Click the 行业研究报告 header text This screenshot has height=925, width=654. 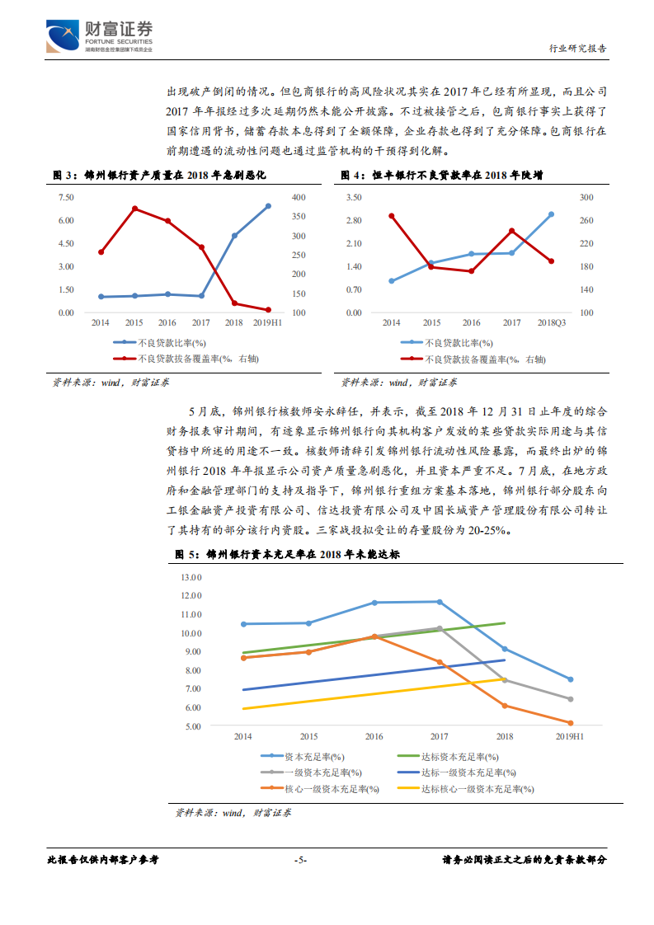577,48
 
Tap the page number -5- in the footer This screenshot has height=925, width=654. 301,860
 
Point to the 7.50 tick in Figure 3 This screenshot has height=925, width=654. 66,197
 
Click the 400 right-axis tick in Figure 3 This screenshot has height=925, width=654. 299,197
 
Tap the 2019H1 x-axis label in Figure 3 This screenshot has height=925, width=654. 268,324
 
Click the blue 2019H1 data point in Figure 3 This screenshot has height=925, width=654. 269,206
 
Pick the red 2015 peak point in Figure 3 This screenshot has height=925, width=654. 134,209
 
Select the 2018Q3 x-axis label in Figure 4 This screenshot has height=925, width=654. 552,324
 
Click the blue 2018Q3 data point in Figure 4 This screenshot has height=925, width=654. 551,214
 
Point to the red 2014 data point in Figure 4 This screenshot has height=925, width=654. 391,216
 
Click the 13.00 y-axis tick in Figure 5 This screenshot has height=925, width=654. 191,577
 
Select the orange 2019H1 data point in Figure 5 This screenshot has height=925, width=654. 570,723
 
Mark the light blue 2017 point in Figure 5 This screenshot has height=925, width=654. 440,602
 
